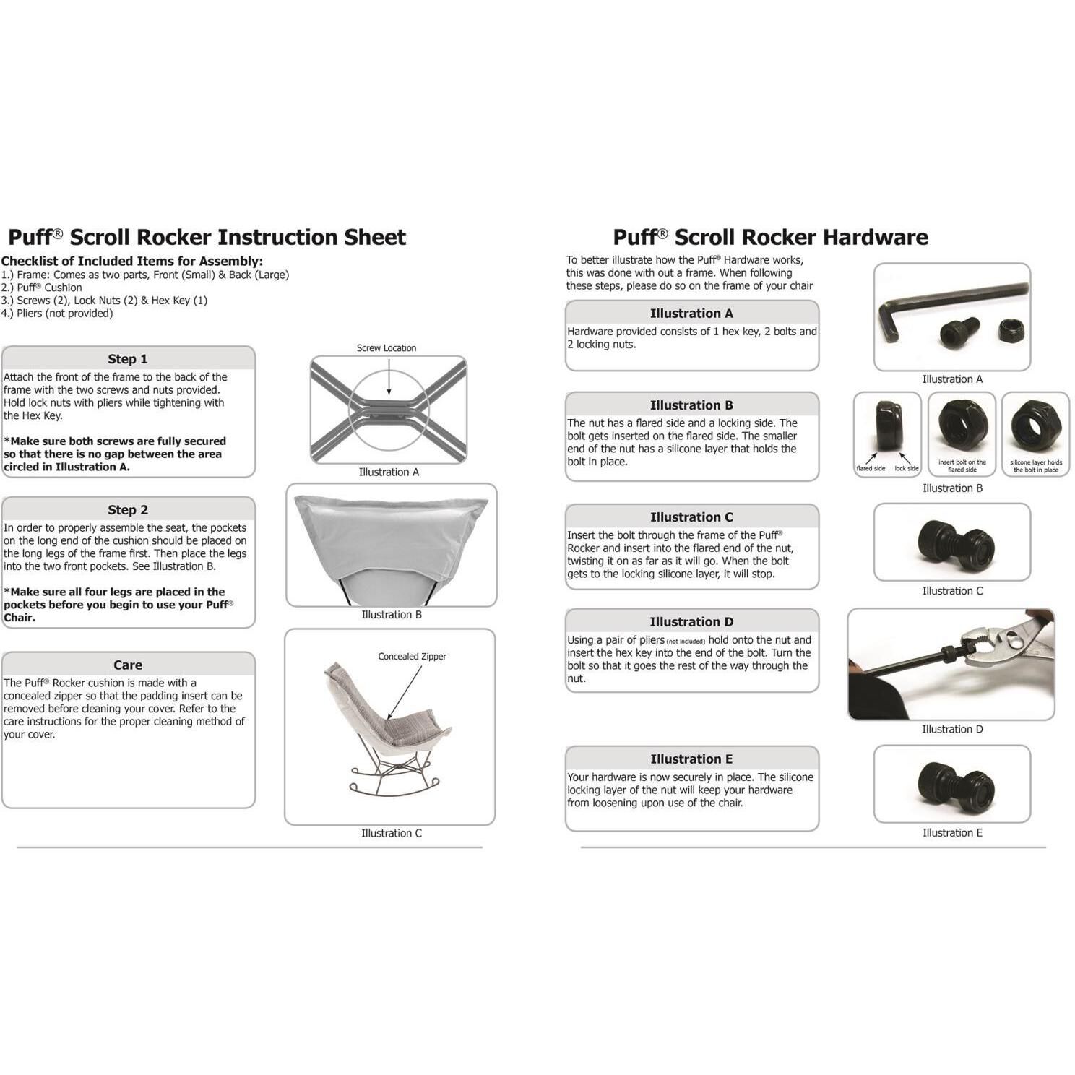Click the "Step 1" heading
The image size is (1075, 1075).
point(127,359)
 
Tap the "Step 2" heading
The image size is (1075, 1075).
point(127,510)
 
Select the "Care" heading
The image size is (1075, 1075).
point(127,665)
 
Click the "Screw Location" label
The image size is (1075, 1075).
point(386,348)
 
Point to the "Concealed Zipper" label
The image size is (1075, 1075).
point(412,657)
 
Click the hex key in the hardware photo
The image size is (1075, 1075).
point(939,303)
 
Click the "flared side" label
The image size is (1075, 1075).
point(871,469)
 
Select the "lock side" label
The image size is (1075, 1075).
point(906,469)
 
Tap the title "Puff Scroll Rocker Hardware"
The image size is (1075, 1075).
point(770,238)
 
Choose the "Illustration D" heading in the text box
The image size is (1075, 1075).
point(691,622)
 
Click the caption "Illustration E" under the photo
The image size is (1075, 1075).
point(952,833)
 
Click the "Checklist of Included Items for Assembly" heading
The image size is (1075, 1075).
point(132,262)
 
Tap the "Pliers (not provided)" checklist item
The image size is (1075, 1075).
point(58,314)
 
